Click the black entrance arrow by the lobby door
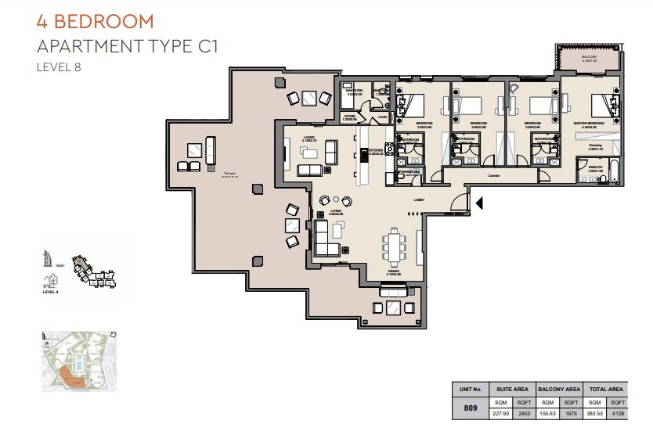coord(480,204)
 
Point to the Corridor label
coord(493,176)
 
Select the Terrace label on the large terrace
coord(229,174)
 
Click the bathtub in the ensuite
coord(613,173)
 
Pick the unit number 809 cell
coord(471,408)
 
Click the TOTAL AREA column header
coord(606,388)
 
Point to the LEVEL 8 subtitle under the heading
coord(60,67)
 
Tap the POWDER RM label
coord(409,171)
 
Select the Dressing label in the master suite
coord(595,145)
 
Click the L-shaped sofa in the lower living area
coord(326,239)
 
